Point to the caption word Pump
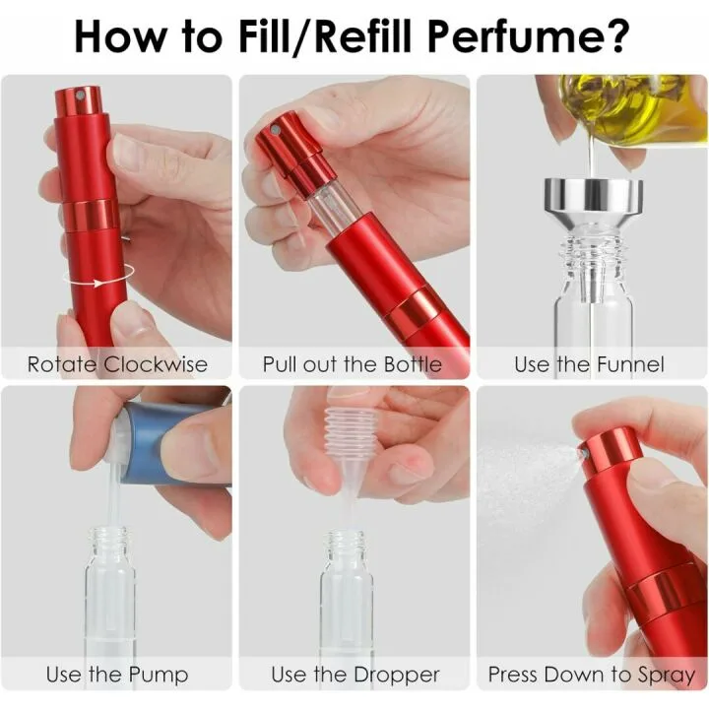point(159,676)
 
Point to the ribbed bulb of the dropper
point(350,423)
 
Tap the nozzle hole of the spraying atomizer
point(584,452)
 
